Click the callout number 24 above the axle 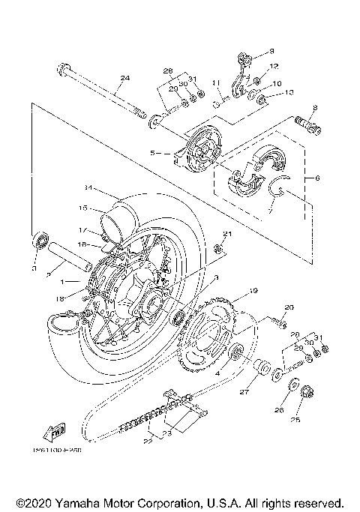coord(124,77)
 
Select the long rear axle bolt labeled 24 coord(97,92)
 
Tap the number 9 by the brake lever coord(272,51)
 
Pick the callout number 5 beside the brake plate coord(153,152)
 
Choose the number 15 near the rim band coord(83,208)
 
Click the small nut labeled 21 coord(218,249)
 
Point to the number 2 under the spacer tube coord(49,275)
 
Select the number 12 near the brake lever coord(274,66)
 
